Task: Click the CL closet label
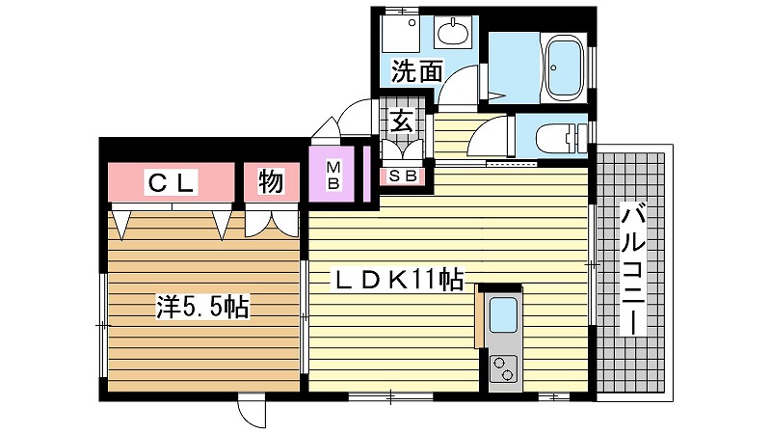(171, 181)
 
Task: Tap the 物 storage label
(271, 181)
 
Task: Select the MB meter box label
(333, 176)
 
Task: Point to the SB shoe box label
(403, 176)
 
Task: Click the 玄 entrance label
(401, 122)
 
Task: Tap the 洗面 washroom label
(417, 71)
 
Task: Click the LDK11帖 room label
(398, 280)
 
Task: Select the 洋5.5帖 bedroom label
(202, 307)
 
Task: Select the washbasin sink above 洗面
(453, 33)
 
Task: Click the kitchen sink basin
(504, 315)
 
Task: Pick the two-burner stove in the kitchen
(504, 369)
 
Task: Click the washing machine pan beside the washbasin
(401, 34)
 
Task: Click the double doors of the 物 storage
(272, 223)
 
